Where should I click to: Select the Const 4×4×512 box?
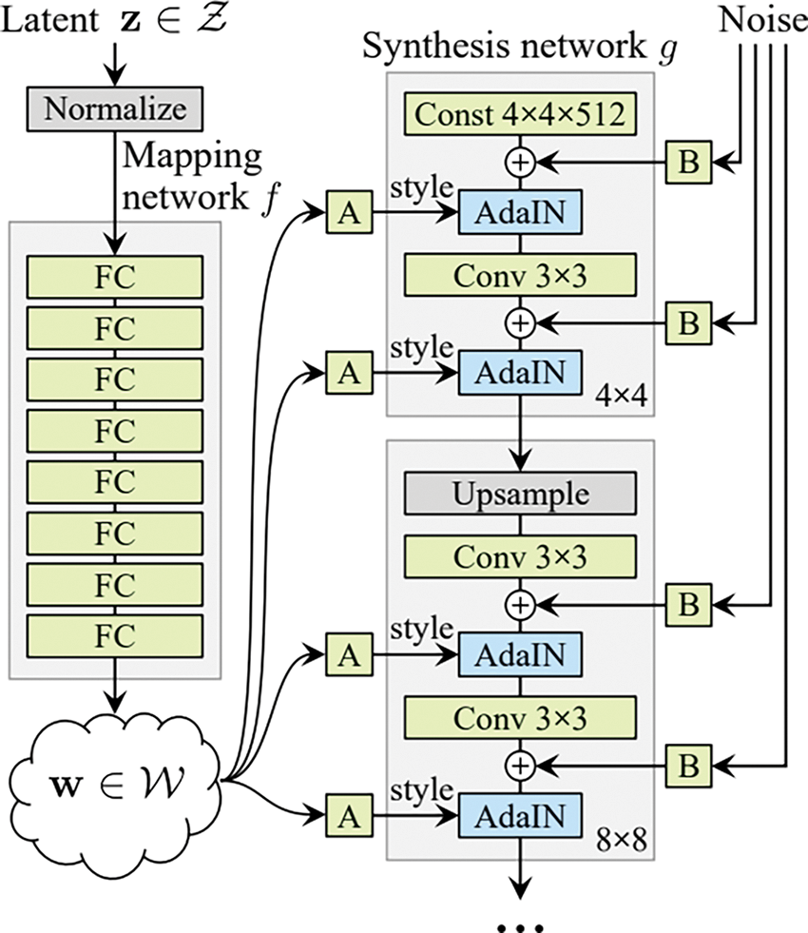pyautogui.click(x=520, y=116)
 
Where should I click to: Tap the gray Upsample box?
pyautogui.click(x=520, y=496)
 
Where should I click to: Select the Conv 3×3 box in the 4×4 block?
pyautogui.click(x=520, y=275)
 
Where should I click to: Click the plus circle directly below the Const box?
pyautogui.click(x=520, y=164)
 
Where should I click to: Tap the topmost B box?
pyautogui.click(x=689, y=164)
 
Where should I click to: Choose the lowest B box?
pyautogui.click(x=689, y=763)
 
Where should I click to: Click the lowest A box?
pyautogui.click(x=349, y=814)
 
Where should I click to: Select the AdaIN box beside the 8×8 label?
pyautogui.click(x=520, y=814)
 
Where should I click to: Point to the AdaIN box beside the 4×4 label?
pyautogui.click(x=520, y=373)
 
